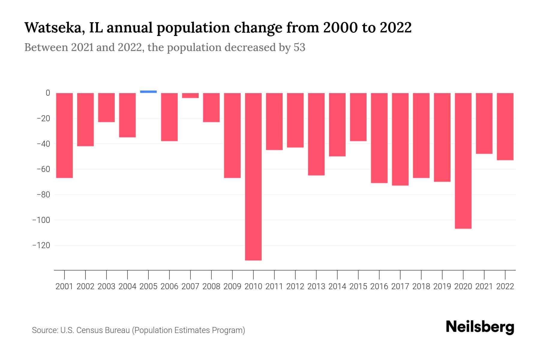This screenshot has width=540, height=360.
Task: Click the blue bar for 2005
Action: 148,91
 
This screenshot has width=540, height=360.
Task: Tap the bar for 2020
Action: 463,161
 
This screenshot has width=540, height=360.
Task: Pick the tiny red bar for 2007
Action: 190,95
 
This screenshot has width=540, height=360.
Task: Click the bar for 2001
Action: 64,135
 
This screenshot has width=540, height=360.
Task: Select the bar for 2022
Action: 505,126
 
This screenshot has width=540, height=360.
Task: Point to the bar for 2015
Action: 358,117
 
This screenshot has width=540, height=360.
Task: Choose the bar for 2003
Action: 106,107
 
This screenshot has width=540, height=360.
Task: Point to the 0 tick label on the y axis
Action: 48,93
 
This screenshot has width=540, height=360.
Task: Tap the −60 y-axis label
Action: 43,169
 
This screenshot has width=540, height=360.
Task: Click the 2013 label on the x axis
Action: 316,286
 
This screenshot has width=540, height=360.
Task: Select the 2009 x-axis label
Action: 232,286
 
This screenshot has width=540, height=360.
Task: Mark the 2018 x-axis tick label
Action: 421,286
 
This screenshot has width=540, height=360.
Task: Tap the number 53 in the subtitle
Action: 299,47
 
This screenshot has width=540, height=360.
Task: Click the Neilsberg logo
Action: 480,327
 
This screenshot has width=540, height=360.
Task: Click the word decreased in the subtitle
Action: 250,47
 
